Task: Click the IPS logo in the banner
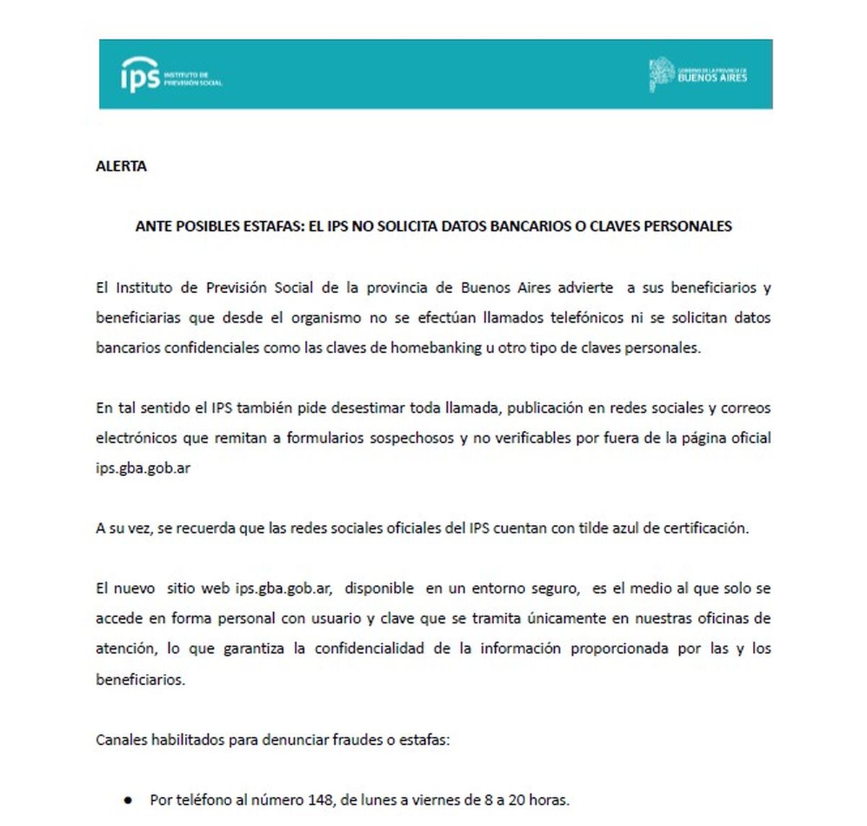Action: click(171, 75)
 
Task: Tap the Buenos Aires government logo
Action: click(698, 75)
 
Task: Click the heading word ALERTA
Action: click(121, 166)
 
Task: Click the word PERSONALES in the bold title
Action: click(686, 226)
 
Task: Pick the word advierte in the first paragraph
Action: click(585, 288)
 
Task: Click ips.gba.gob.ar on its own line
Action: click(143, 468)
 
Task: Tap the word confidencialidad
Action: click(369, 649)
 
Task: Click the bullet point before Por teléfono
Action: click(128, 801)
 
